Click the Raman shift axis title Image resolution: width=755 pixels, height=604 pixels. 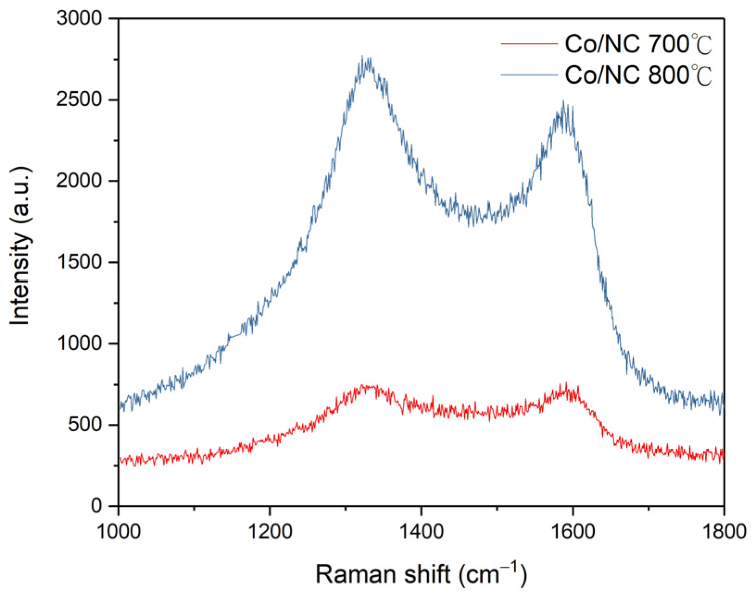pyautogui.click(x=421, y=574)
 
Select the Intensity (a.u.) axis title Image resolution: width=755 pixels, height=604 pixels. pyautogui.click(x=21, y=245)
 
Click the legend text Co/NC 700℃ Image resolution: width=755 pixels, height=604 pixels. pyautogui.click(x=638, y=44)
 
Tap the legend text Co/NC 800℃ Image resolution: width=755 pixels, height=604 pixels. pyautogui.click(x=638, y=75)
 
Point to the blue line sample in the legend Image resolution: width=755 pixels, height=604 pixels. pyautogui.click(x=529, y=75)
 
